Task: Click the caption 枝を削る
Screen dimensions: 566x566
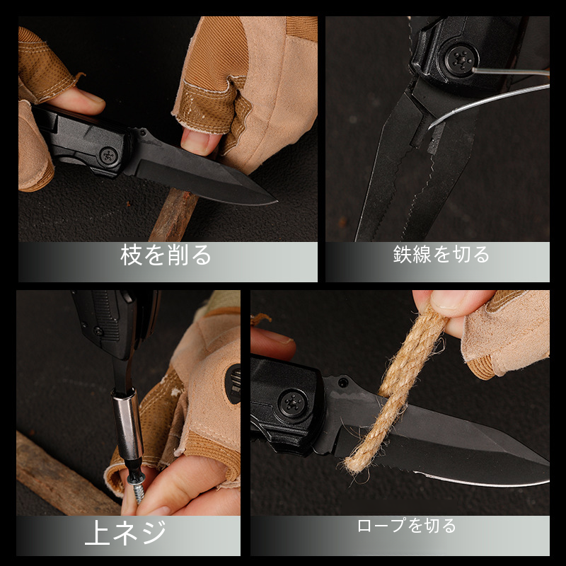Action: tap(166, 255)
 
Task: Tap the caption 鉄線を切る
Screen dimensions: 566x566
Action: tap(441, 254)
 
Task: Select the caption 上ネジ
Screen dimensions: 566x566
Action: tap(126, 533)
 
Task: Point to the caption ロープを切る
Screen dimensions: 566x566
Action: tap(407, 526)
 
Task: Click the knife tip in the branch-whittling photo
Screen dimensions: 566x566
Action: tap(275, 201)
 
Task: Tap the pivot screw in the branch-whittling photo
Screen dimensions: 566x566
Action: tap(108, 156)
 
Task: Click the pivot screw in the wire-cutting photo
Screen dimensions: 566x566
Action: tap(461, 59)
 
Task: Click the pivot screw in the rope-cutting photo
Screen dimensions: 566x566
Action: tap(293, 403)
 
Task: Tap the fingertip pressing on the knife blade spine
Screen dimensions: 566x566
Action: tap(197, 141)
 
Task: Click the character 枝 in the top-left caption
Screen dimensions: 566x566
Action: tap(131, 255)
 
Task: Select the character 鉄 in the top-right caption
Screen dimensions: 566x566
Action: tap(403, 255)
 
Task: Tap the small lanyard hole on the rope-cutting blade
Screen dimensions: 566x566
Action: tap(342, 382)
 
